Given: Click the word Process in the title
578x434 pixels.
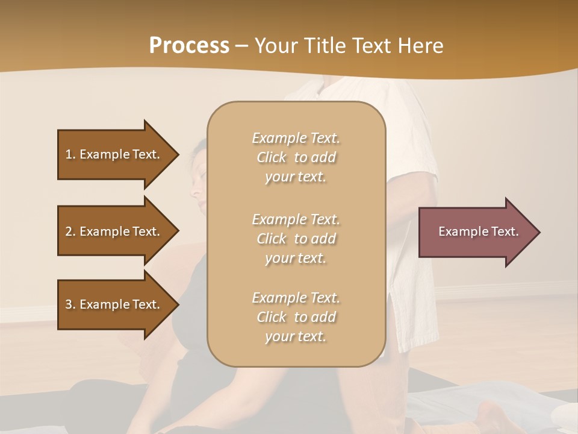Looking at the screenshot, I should coord(189,46).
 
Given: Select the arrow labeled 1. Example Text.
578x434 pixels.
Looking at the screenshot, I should coord(114,154).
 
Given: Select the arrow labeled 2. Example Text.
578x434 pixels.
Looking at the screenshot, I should coord(114,231).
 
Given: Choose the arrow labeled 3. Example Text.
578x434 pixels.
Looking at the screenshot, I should coord(114,304).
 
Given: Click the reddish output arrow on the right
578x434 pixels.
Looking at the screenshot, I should coord(476,232).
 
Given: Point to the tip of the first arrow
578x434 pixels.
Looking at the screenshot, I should coord(178,154).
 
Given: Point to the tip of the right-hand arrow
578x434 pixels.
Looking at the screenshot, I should coord(539,232).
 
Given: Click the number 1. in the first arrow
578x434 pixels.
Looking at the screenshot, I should coord(70,154).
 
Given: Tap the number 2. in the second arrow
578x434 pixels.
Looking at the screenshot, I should coord(70,231).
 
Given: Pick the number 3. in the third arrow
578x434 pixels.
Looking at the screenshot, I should coord(70,304).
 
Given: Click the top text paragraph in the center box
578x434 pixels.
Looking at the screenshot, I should coord(296,157).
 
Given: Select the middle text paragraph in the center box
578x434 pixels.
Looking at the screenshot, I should coord(296,239).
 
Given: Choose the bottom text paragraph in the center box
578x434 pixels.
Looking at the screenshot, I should coord(296,317).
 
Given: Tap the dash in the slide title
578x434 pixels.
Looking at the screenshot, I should coord(241,46).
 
